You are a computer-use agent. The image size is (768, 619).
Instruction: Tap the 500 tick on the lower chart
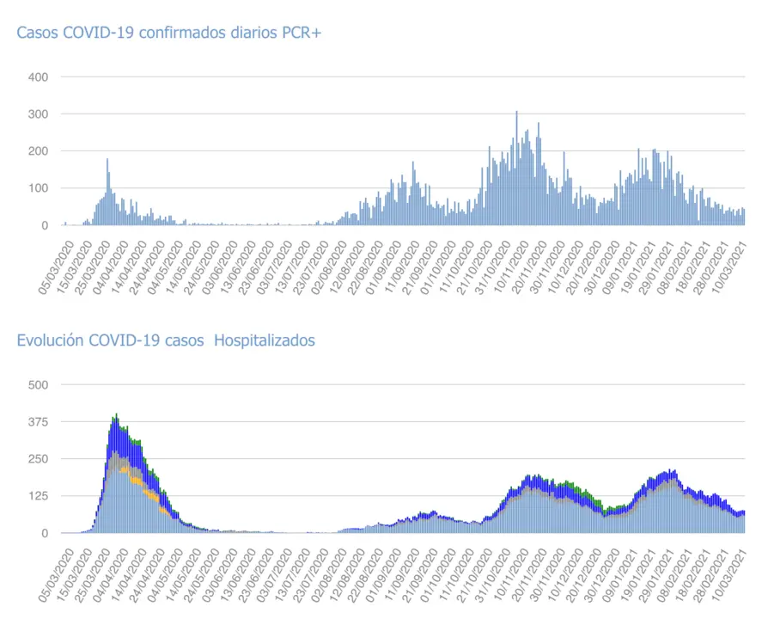tap(38, 384)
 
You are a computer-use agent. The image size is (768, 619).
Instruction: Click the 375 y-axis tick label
tap(38, 421)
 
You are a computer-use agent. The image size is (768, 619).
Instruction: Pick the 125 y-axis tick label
tap(38, 496)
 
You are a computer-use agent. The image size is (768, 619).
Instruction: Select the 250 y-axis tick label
tap(38, 459)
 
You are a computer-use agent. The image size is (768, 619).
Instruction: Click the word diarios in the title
tap(252, 33)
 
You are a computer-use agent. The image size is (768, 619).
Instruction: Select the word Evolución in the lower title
tap(51, 340)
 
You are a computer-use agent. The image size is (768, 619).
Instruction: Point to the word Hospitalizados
tap(264, 340)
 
